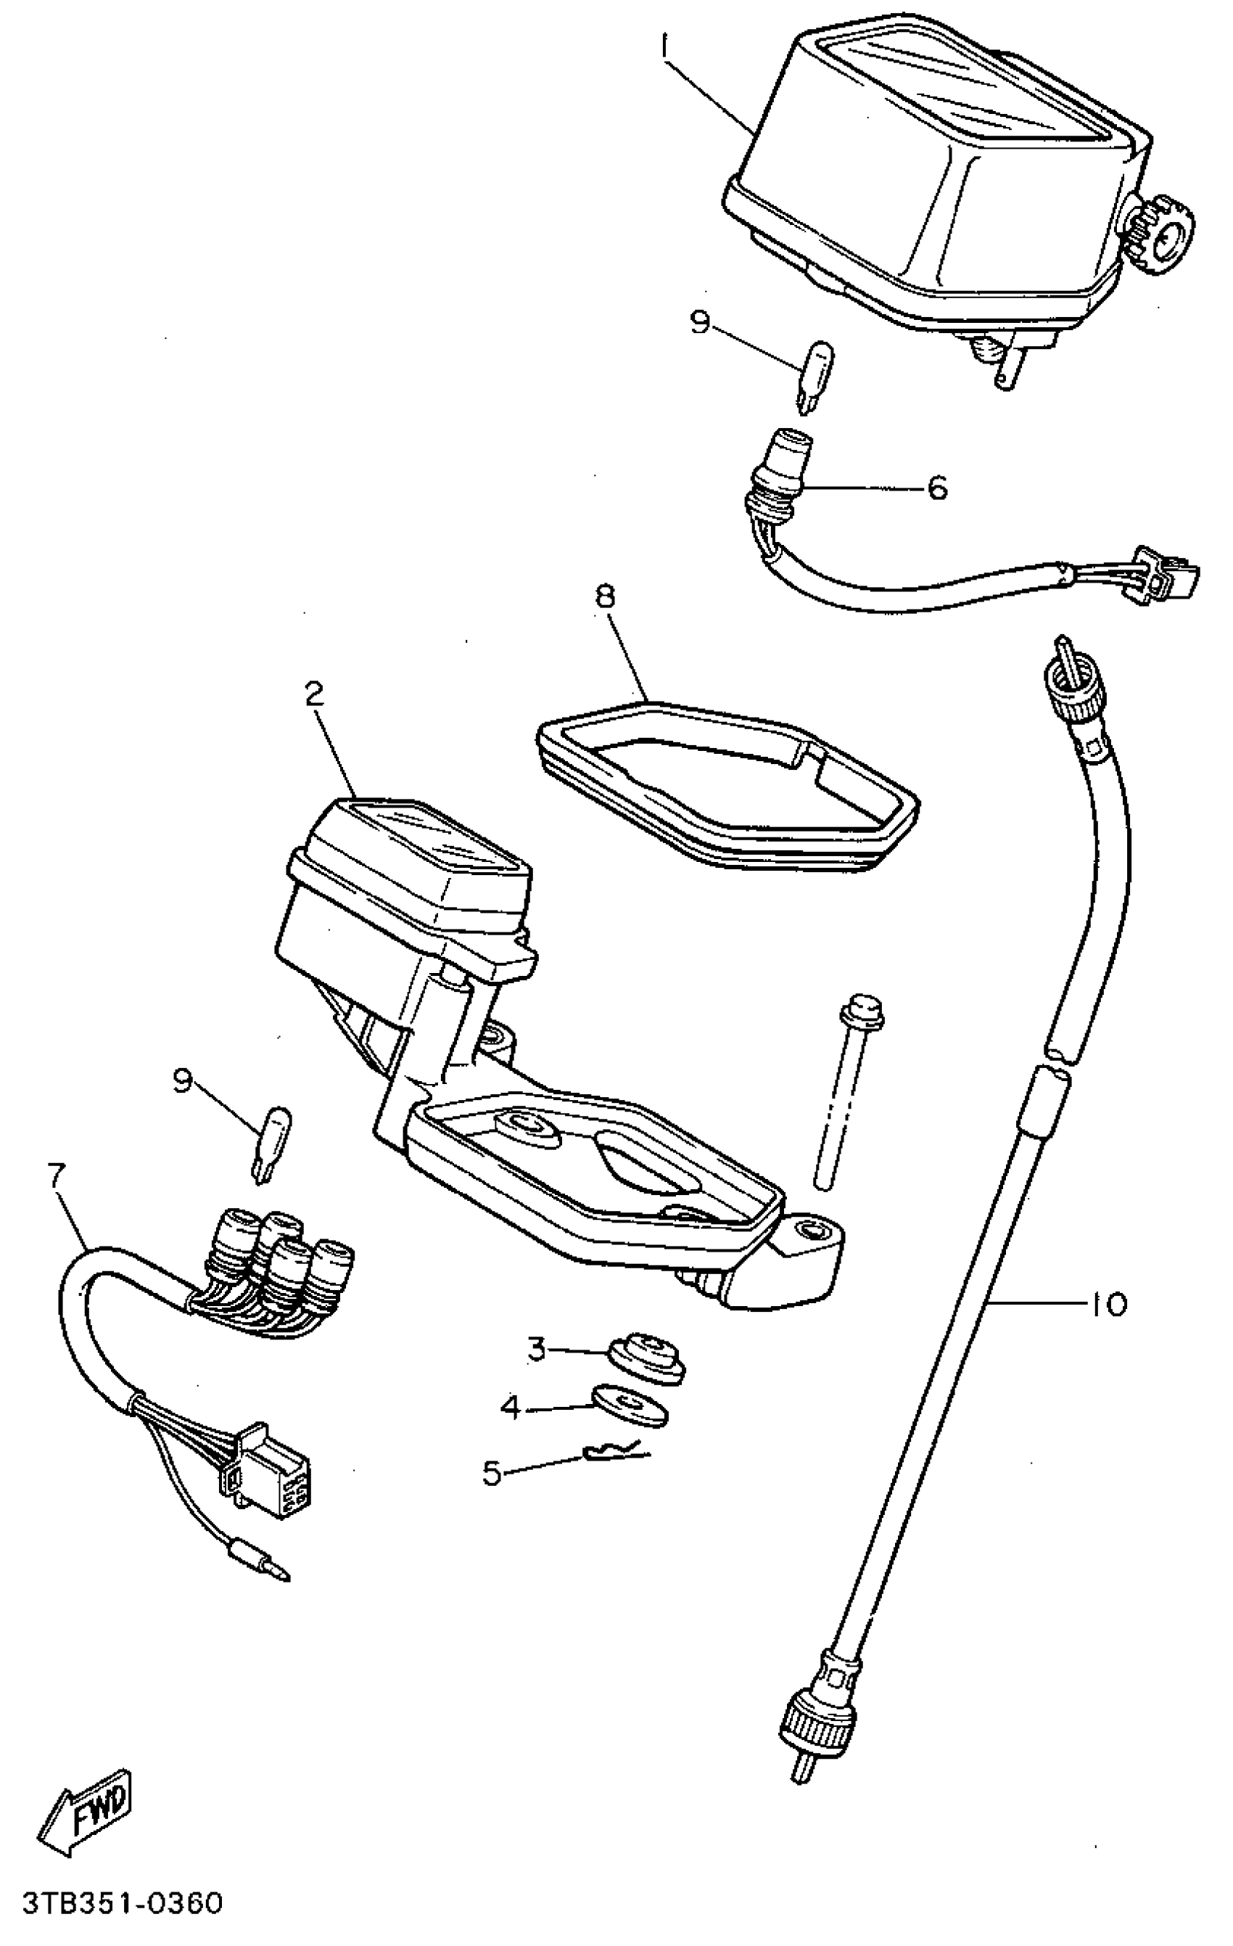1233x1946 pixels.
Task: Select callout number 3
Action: pos(537,1349)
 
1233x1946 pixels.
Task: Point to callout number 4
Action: pos(511,1408)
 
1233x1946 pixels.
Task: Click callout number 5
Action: pos(492,1473)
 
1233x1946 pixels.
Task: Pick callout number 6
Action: pos(936,488)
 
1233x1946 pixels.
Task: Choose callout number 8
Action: pos(604,597)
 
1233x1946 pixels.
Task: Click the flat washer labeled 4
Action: pos(630,1406)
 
